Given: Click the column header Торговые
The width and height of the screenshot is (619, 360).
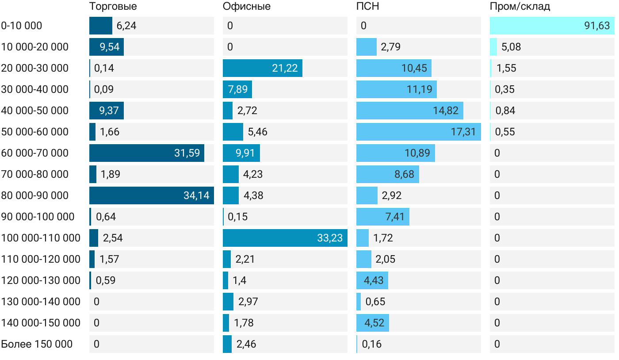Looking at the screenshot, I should coord(113,7).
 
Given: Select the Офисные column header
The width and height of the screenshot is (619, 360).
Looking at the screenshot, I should coord(247,7).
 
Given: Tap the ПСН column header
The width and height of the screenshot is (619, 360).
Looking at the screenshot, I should coord(368,7).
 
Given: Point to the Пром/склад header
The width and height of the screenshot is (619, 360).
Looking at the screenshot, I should coord(520,7).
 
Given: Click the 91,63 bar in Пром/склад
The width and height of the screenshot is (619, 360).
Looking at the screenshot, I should coord(552,26).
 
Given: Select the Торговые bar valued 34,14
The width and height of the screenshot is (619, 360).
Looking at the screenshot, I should coord(151,195).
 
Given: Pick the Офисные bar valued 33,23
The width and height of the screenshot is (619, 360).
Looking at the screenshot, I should coord(285,238).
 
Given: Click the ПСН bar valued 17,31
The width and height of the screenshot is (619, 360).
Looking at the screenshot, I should coord(418,132).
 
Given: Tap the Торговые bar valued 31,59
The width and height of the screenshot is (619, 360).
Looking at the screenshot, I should coord(146,153).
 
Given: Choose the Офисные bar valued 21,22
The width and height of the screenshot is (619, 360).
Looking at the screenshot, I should coord(262,68).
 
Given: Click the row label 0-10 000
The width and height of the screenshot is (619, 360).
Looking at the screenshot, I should coord(22,26).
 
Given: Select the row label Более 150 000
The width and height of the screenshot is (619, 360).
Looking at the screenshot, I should coord(37,344).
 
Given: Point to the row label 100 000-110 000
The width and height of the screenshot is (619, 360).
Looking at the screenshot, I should coord(41,238).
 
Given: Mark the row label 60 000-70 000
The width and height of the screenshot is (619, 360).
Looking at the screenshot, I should coord(35,153).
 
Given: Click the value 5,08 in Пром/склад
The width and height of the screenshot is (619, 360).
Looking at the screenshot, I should coord(511,47).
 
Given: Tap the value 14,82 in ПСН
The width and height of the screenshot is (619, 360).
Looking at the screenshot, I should coord(446,111).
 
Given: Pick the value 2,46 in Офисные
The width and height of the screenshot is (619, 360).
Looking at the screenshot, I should coord(246,344).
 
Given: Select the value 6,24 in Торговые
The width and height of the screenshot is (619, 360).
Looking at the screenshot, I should coord(126,26).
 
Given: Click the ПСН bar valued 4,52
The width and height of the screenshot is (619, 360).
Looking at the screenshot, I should coord(373,323).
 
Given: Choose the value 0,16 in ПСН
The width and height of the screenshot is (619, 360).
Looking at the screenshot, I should coord(372,344).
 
